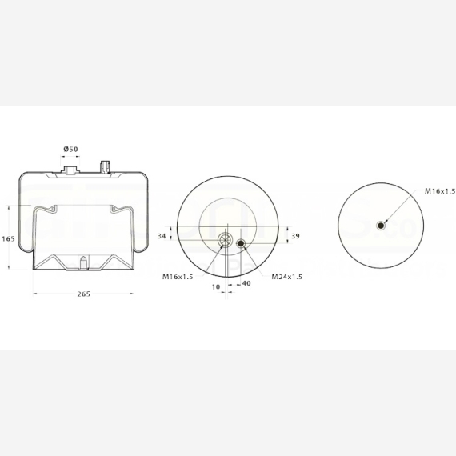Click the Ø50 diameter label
tap(70, 149)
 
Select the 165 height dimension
tap(8, 239)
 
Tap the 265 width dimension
tap(83, 294)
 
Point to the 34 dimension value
tap(162, 236)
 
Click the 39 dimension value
tap(295, 236)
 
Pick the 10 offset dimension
tap(216, 287)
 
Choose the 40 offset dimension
tap(246, 283)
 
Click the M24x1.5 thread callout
tap(286, 277)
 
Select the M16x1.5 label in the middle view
tap(178, 277)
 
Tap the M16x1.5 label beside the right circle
tap(440, 191)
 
